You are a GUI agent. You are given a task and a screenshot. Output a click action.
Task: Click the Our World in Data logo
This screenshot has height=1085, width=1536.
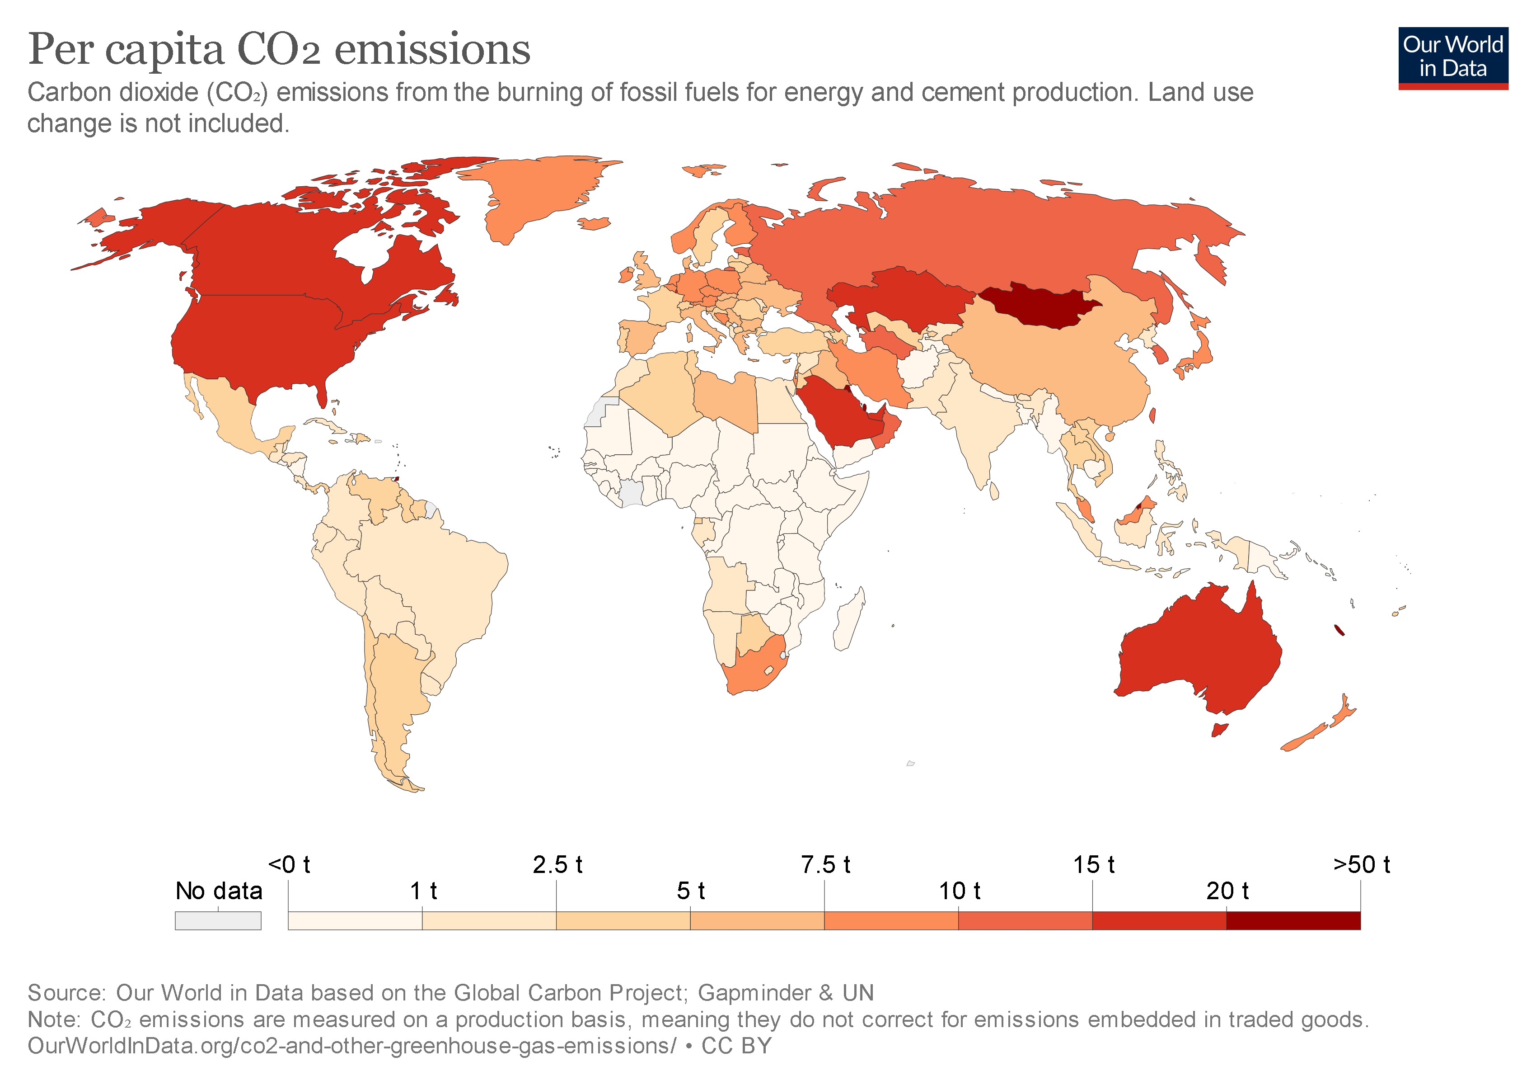[x=1452, y=57]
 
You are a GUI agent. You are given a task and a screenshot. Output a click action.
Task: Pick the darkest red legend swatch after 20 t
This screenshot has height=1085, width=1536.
[x=1292, y=920]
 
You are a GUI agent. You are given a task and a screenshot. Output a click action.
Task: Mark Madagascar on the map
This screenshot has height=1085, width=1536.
[x=849, y=619]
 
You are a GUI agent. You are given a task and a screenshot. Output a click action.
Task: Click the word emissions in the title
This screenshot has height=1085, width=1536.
[x=431, y=50]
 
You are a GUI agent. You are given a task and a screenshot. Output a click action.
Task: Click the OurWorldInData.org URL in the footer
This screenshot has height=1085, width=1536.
[x=351, y=1046]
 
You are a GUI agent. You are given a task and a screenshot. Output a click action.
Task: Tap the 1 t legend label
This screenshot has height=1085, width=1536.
[x=423, y=891]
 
